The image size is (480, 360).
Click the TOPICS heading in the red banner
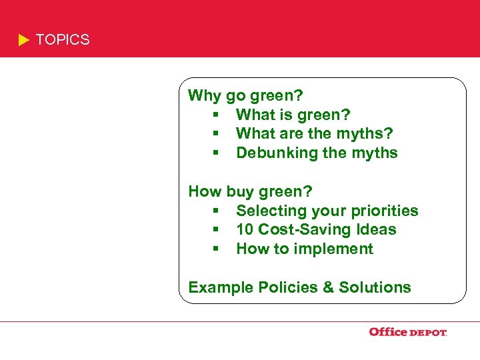pyautogui.click(x=62, y=40)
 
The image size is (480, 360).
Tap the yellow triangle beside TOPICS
pyautogui.click(x=24, y=41)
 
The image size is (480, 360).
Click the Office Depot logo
pyautogui.click(x=407, y=332)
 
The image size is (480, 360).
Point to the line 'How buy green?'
pyautogui.click(x=250, y=192)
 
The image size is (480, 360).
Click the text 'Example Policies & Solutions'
pyautogui.click(x=299, y=287)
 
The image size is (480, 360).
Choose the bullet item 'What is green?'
pyautogui.click(x=293, y=115)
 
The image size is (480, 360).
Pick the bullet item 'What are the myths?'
pyautogui.click(x=314, y=134)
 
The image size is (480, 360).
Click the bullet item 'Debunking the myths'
pyautogui.click(x=317, y=153)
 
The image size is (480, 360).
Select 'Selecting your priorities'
pyautogui.click(x=327, y=211)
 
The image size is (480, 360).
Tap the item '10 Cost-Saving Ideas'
pyautogui.click(x=316, y=229)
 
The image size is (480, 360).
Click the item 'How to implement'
pyautogui.click(x=305, y=249)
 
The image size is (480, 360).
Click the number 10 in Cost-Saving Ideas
pyautogui.click(x=245, y=229)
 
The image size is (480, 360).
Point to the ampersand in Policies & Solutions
pyautogui.click(x=328, y=287)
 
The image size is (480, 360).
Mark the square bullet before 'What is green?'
pyautogui.click(x=217, y=115)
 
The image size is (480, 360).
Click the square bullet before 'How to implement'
pyautogui.click(x=217, y=249)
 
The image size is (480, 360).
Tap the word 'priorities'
pyautogui.click(x=387, y=211)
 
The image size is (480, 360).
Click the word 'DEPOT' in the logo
pyautogui.click(x=427, y=333)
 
